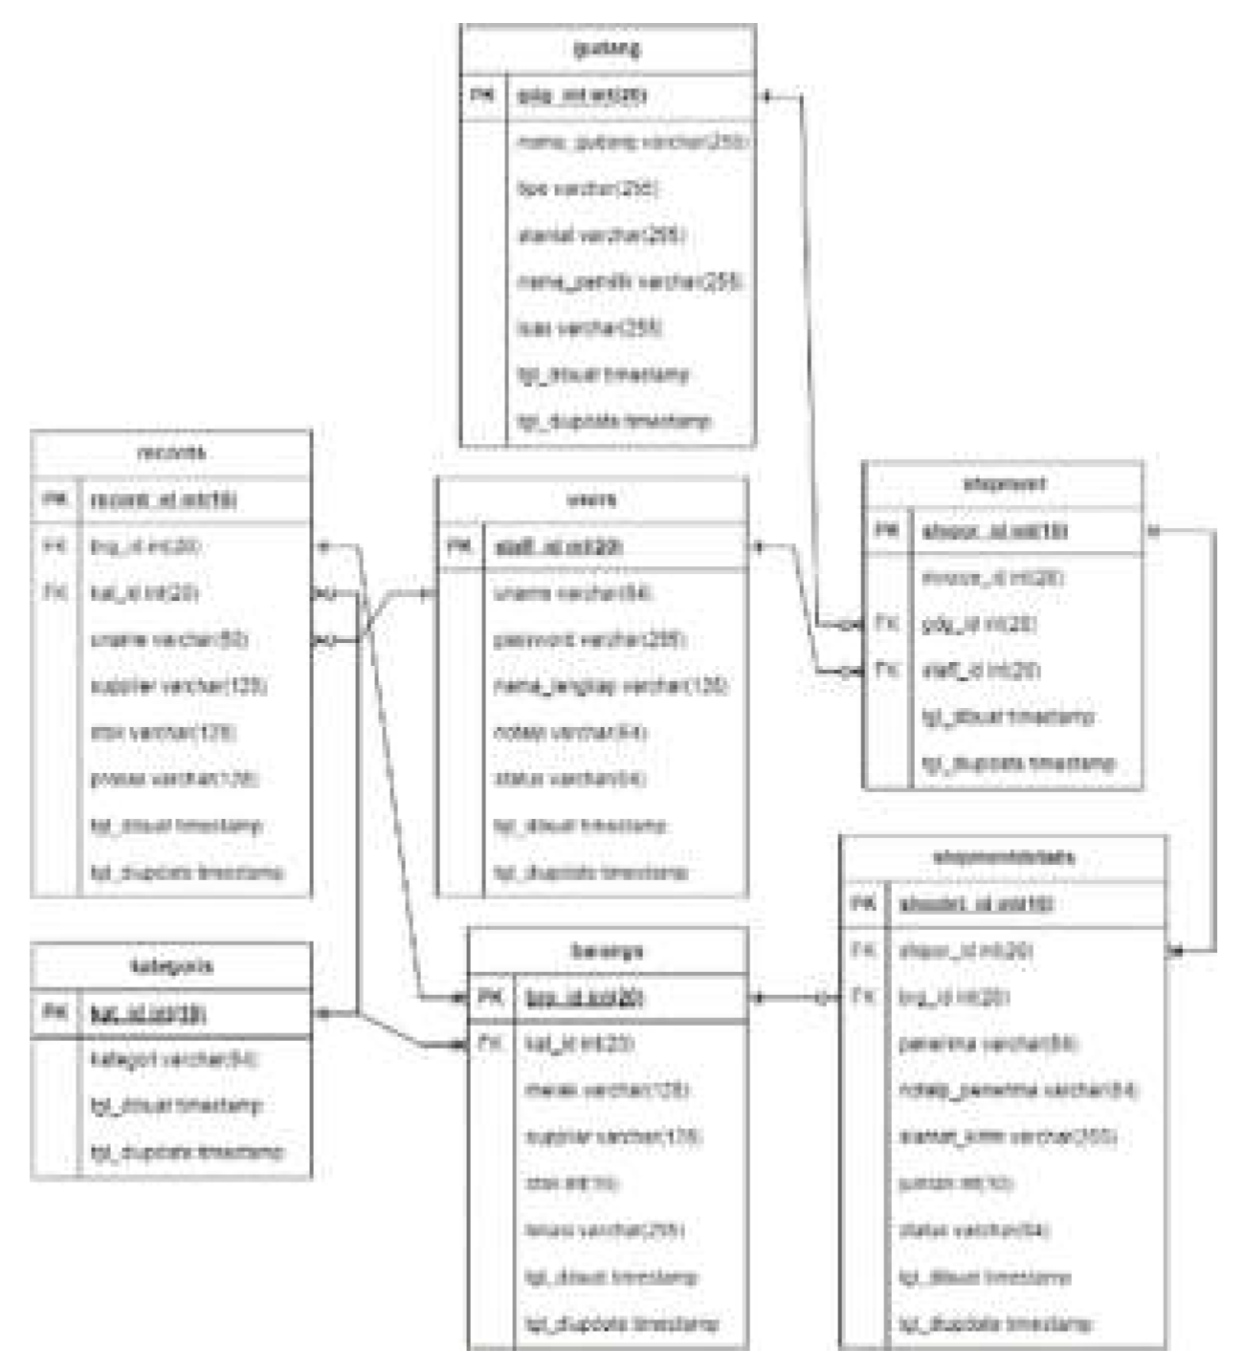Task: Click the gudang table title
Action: (607, 48)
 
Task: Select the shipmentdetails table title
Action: (1002, 857)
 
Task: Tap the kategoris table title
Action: (170, 966)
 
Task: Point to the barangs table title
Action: (607, 951)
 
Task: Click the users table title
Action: (591, 499)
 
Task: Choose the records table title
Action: (170, 453)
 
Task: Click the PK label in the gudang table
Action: (483, 95)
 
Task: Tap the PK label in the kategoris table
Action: (55, 1012)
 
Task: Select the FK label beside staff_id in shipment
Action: (886, 670)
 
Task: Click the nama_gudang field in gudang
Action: (631, 142)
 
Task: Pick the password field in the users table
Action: (589, 639)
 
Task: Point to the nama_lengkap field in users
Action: (611, 686)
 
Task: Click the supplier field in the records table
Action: (178, 686)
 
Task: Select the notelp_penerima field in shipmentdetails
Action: (1017, 1090)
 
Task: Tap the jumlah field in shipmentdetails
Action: (955, 1183)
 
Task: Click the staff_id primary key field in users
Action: (558, 546)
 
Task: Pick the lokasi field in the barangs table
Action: (604, 1230)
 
